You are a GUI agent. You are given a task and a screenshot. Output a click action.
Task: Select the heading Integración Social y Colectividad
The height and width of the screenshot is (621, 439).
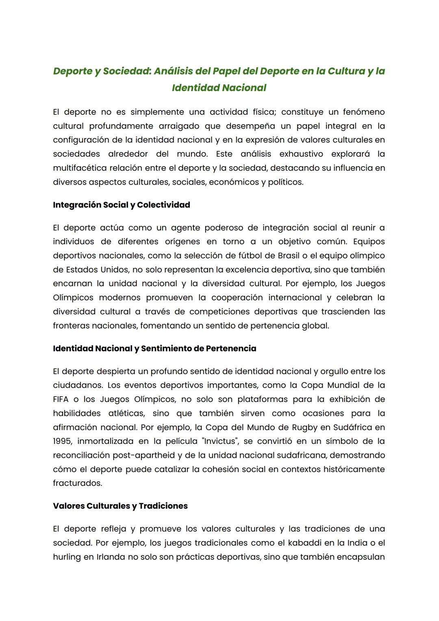121,205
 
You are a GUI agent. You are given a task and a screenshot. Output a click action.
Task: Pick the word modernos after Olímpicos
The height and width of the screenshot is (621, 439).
120,298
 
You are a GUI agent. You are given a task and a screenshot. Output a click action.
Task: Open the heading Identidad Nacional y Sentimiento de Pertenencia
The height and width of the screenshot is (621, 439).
154,349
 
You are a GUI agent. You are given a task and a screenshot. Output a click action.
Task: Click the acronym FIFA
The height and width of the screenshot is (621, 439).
61,399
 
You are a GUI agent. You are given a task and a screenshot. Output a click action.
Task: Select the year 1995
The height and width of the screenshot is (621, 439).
62,441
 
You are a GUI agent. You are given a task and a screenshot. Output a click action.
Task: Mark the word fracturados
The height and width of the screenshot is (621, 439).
77,483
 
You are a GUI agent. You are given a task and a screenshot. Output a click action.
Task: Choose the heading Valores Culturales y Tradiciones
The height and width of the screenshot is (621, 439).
120,506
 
